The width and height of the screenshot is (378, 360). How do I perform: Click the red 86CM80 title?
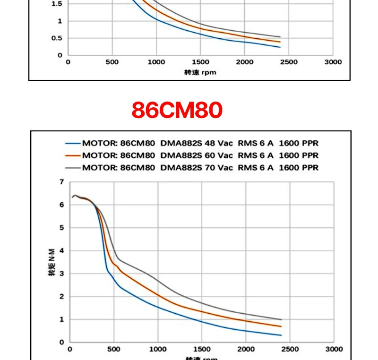click(177, 110)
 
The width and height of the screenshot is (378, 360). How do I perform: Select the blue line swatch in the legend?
click(73, 143)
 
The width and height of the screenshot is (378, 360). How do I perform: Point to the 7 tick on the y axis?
click(62, 182)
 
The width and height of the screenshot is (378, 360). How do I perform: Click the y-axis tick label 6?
click(62, 205)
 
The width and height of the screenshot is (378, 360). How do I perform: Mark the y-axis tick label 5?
click(62, 228)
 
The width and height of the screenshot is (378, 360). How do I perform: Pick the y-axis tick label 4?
click(62, 250)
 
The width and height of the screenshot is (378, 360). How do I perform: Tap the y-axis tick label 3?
click(62, 274)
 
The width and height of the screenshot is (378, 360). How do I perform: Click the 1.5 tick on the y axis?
click(57, 4)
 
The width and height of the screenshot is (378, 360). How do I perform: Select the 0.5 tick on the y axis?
click(57, 38)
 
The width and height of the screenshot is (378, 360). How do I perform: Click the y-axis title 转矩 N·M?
click(52, 262)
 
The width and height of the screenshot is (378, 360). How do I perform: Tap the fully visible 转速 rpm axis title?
click(200, 73)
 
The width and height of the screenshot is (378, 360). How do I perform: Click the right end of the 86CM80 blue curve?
click(281, 335)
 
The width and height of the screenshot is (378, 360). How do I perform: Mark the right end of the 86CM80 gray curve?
click(281, 319)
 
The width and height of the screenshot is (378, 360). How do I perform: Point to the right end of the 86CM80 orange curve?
click(281, 326)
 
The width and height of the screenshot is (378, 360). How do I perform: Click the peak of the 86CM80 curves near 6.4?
click(75, 195)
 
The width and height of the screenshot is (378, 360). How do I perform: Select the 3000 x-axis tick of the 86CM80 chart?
click(334, 349)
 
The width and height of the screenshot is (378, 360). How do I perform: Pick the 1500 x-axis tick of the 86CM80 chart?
click(202, 349)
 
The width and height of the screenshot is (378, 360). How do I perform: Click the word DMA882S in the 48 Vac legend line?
click(181, 143)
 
